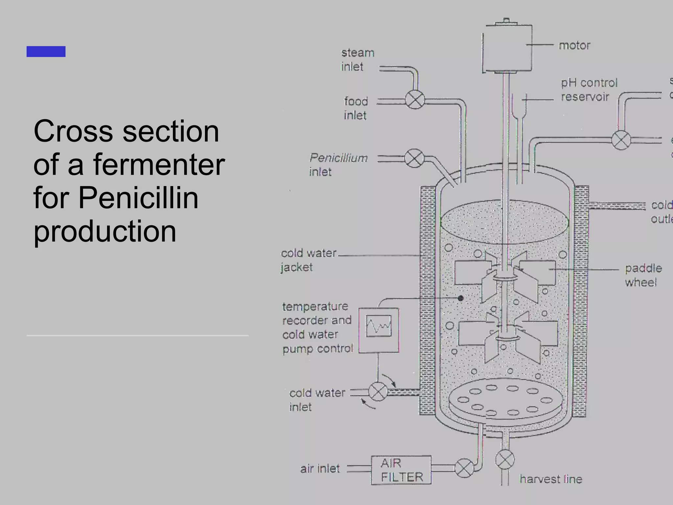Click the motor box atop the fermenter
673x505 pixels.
[x=507, y=47]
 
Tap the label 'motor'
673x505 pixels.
[x=574, y=45]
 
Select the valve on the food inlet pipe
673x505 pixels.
[x=415, y=100]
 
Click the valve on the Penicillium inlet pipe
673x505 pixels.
[x=414, y=158]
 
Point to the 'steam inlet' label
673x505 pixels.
[x=357, y=60]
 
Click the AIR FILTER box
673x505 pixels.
[x=401, y=470]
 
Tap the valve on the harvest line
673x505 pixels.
[x=505, y=459]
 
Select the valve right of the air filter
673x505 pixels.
[x=464, y=468]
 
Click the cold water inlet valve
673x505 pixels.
[x=378, y=392]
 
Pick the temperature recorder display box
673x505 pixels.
[x=379, y=330]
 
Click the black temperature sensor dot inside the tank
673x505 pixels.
[x=461, y=298]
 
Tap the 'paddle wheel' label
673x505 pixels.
[x=643, y=275]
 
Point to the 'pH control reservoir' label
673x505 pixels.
[x=589, y=90]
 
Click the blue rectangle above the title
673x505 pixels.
[x=46, y=52]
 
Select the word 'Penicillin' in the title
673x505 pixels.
[x=138, y=198]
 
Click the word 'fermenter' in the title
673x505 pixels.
[x=159, y=164]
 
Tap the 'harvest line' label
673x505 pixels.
[x=551, y=479]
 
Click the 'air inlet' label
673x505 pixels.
[x=320, y=469]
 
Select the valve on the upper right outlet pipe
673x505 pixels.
[x=621, y=140]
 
